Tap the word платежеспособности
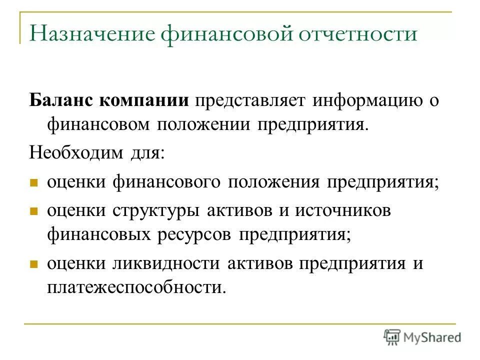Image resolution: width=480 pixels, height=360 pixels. click(x=133, y=287)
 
